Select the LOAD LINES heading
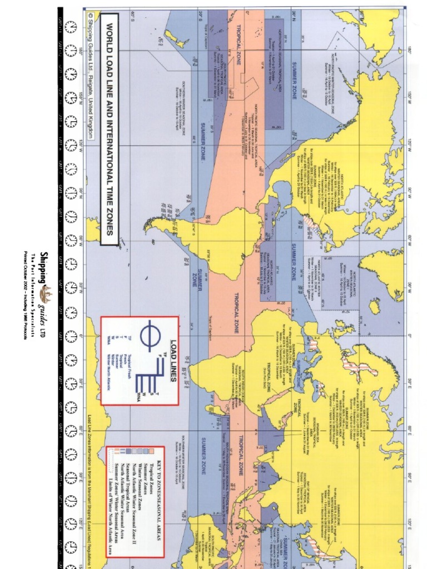click(x=173, y=352)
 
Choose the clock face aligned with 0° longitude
click(x=71, y=336)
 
